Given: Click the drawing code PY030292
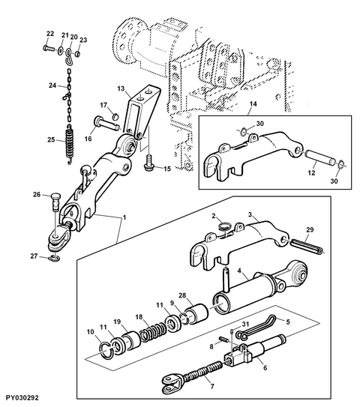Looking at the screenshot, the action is click(x=22, y=398).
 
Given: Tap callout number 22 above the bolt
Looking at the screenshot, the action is click(x=50, y=34).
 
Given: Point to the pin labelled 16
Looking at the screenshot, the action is click(x=106, y=124).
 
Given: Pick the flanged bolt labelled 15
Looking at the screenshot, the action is click(x=149, y=163).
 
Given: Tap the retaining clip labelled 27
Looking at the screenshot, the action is click(x=55, y=258).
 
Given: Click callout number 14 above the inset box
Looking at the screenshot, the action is click(x=253, y=104).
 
